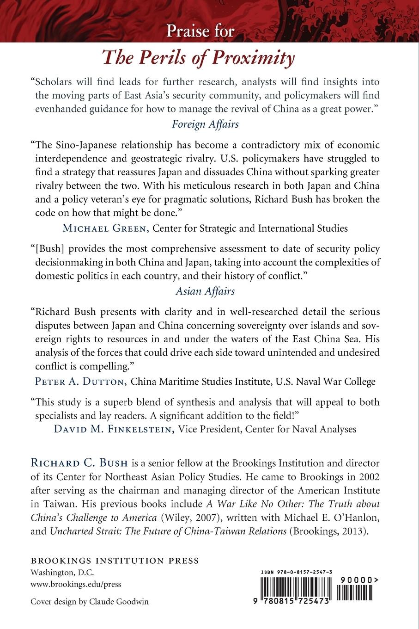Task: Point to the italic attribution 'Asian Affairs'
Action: point(205,291)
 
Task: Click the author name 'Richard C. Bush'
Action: point(80,462)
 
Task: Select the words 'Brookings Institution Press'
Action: point(115,561)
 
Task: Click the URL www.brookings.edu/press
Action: point(76,584)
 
